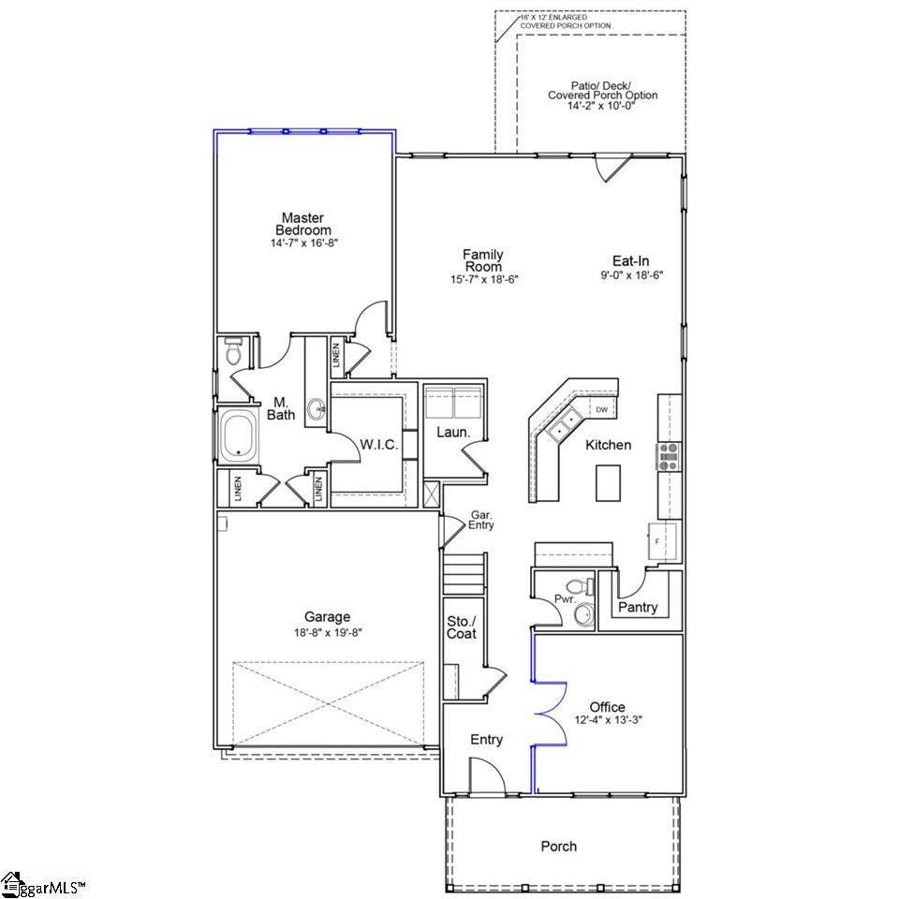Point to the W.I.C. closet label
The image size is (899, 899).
[x=379, y=445]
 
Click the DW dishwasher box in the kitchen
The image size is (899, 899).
[x=602, y=410]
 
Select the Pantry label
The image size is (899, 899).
[x=638, y=608]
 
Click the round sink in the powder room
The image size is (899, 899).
[x=583, y=615]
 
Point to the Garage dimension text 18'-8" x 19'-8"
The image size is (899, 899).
[x=327, y=632]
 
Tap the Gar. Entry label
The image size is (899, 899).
[x=481, y=521]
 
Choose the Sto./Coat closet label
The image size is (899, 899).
[x=462, y=627]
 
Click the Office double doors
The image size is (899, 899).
[x=551, y=716]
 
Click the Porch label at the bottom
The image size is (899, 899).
[x=559, y=847]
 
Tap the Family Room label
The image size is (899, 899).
[x=483, y=260]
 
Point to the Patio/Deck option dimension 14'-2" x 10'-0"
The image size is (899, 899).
[x=602, y=107]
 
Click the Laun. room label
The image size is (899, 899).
[x=453, y=433]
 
